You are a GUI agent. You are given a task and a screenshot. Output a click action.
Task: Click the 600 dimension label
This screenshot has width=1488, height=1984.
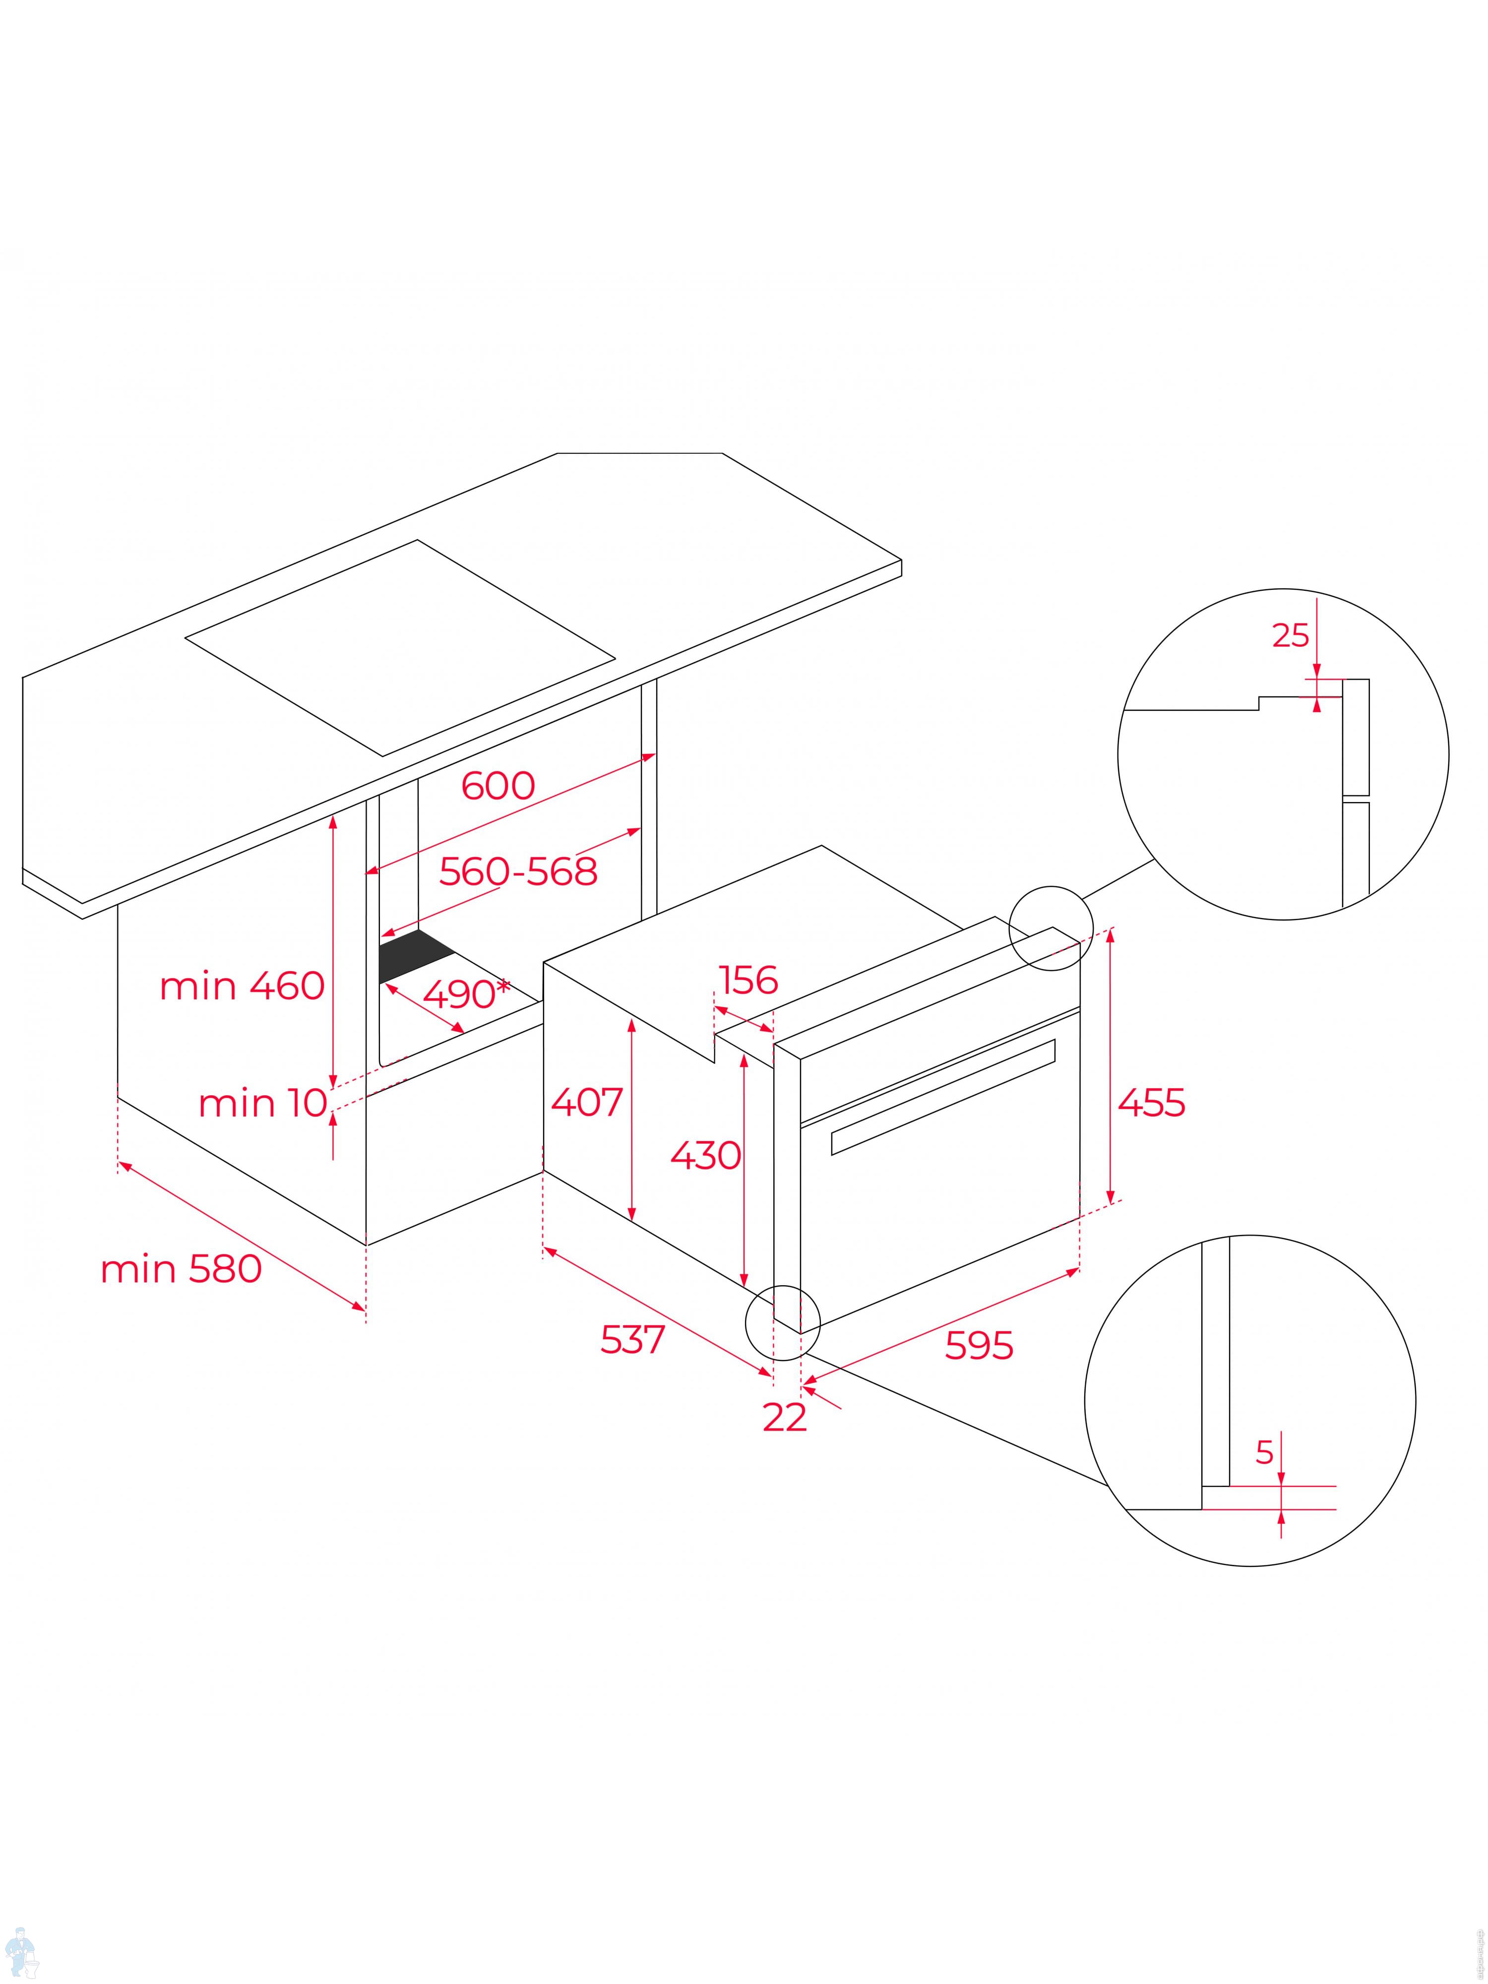(498, 786)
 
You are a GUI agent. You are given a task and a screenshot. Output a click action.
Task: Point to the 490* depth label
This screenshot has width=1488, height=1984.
(465, 993)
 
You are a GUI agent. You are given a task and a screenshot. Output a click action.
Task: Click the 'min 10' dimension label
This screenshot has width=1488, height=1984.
(263, 1102)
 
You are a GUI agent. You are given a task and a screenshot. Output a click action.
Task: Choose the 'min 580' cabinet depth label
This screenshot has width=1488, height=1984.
(181, 1269)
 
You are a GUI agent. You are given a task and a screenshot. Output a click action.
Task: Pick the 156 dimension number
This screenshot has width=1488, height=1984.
(748, 980)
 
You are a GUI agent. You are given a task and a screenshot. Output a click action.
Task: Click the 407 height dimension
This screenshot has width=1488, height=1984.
(587, 1102)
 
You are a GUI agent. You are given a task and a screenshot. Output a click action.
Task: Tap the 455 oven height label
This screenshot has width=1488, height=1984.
(1151, 1102)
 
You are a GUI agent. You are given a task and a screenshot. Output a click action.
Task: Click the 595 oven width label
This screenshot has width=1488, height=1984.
(979, 1345)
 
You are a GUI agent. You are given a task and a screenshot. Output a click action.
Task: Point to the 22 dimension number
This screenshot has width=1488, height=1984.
(785, 1417)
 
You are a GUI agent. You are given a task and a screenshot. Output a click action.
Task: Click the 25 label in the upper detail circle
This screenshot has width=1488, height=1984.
(1291, 635)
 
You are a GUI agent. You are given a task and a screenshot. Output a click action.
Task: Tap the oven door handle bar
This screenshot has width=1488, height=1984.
(942, 1096)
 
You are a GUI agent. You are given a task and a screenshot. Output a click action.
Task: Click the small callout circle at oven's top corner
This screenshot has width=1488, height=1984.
(1051, 929)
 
